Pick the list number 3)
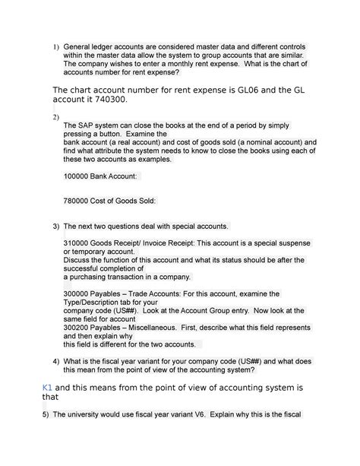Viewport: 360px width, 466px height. [55, 227]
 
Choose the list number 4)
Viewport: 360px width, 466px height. [55, 360]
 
